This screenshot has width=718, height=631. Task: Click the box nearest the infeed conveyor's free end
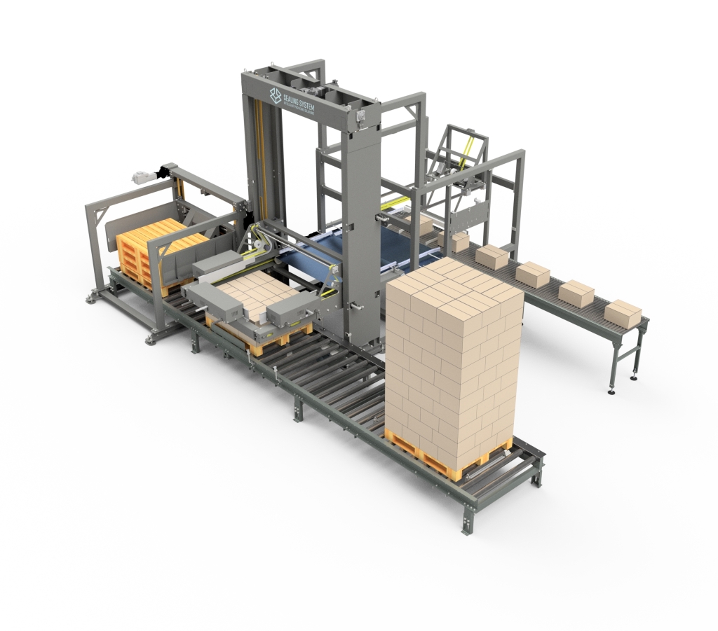tap(622, 313)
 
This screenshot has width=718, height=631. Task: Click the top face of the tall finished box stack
tap(454, 280)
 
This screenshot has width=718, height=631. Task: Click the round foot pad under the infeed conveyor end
tap(634, 378)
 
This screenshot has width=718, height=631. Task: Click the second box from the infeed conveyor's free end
tap(576, 292)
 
